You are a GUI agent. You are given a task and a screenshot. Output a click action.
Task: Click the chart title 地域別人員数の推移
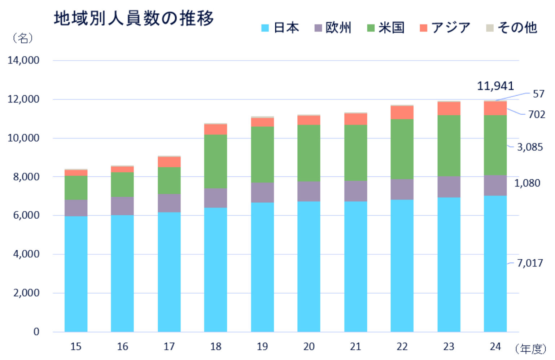coord(134,18)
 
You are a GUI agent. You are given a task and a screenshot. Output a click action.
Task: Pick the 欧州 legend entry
coord(333,28)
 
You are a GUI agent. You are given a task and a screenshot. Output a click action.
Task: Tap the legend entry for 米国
coord(385,28)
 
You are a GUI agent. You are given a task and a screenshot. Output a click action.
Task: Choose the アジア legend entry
coord(445,28)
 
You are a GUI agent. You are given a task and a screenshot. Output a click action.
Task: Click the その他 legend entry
coord(512,28)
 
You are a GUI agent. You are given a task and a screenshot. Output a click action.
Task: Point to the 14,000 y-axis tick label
coord(23,60)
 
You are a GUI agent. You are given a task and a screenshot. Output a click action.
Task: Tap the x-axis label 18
coord(215,347)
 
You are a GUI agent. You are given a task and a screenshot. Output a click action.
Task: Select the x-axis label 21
coord(355,347)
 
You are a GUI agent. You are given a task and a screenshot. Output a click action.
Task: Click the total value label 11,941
coord(495,86)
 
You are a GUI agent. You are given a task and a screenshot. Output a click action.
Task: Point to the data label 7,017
coord(529,263)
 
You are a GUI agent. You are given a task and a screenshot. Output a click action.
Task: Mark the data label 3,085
coord(529,147)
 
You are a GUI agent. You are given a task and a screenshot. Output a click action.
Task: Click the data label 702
coord(536,114)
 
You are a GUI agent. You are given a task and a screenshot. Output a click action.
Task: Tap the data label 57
coord(538,94)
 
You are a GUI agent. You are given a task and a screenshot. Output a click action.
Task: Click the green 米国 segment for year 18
coord(215,161)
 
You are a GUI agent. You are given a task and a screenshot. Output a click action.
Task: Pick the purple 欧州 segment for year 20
coord(309,191)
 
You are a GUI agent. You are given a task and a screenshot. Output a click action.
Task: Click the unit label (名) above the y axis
coord(23,38)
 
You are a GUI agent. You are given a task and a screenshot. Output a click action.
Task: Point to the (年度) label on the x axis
coord(530,349)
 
